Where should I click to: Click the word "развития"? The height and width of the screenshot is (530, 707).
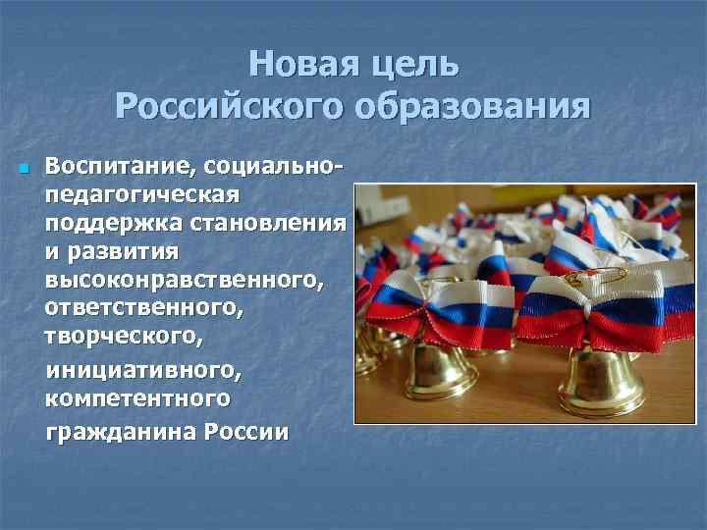click(x=127, y=251)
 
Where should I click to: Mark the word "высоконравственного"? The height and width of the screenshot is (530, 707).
click(x=183, y=281)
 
